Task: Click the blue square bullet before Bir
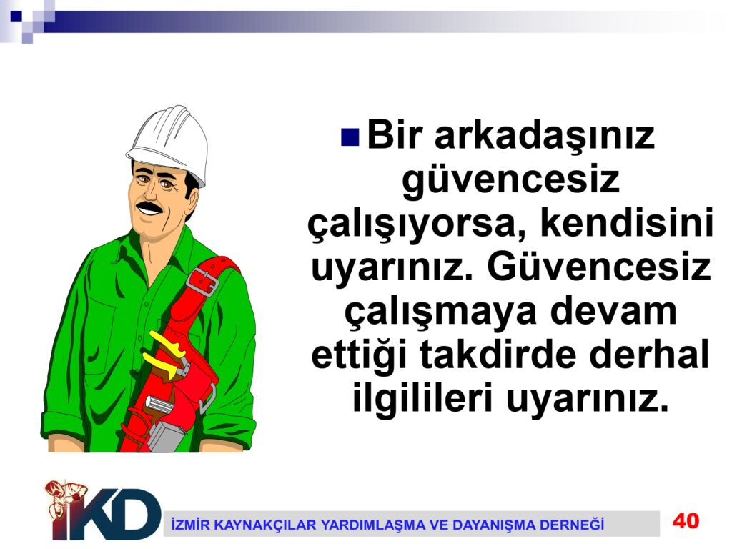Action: click(350, 137)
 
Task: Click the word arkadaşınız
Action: click(545, 137)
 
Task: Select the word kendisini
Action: click(628, 224)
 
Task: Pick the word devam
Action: click(614, 312)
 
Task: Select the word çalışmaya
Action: click(441, 313)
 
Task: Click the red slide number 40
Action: click(686, 520)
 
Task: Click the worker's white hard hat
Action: click(169, 142)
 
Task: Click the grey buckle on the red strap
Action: click(202, 281)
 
